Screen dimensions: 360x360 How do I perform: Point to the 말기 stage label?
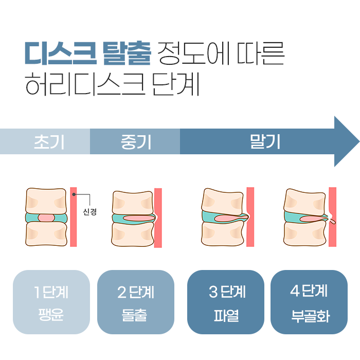click(x=265, y=141)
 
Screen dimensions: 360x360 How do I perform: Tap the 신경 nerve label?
click(x=89, y=211)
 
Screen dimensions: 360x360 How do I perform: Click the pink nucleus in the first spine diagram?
click(x=46, y=218)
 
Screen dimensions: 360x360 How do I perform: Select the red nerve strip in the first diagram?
click(x=74, y=216)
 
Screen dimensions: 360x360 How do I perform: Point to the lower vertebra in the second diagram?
click(x=132, y=235)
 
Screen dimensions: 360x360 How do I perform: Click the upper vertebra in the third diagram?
click(x=223, y=201)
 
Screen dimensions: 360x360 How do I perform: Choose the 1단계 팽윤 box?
click(x=51, y=302)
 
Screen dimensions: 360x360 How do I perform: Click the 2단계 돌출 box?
click(x=136, y=302)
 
